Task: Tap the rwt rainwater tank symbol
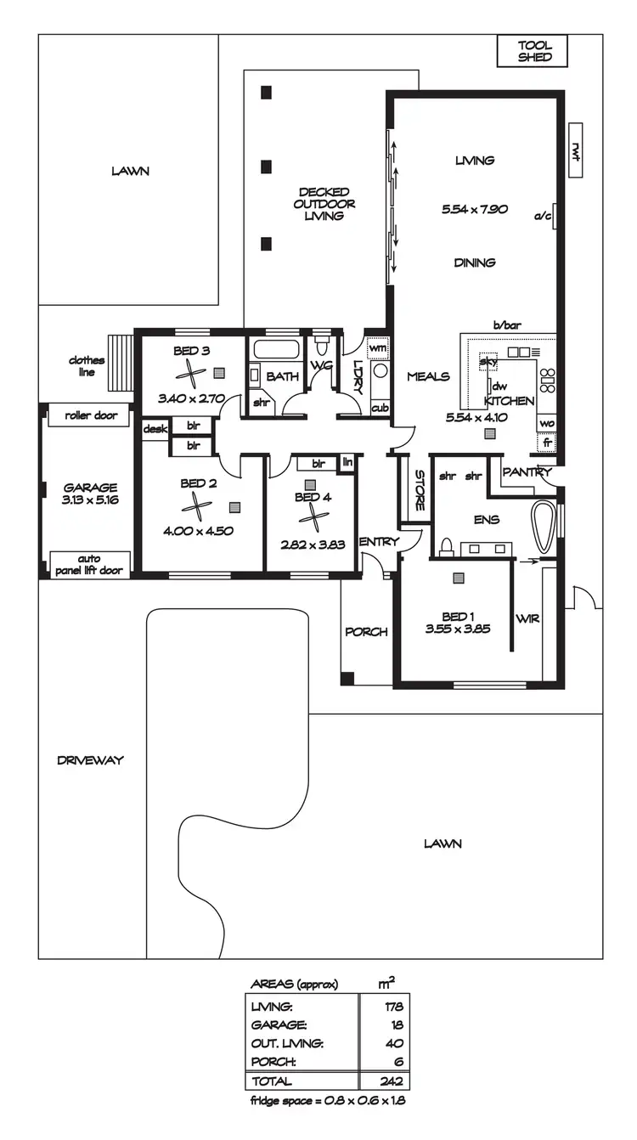coord(575,150)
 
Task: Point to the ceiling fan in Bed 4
coord(313,517)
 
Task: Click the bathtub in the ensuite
coord(544,523)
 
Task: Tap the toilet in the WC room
coord(321,347)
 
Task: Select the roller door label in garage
coord(90,415)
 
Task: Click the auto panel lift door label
coord(90,564)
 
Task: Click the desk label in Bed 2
coord(155,429)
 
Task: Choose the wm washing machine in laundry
coord(378,348)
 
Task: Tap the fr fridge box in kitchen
coord(547,442)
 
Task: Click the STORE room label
coord(419,490)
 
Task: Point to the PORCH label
coord(366,632)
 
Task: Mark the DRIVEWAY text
coord(90,760)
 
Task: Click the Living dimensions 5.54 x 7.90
coord(475,209)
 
